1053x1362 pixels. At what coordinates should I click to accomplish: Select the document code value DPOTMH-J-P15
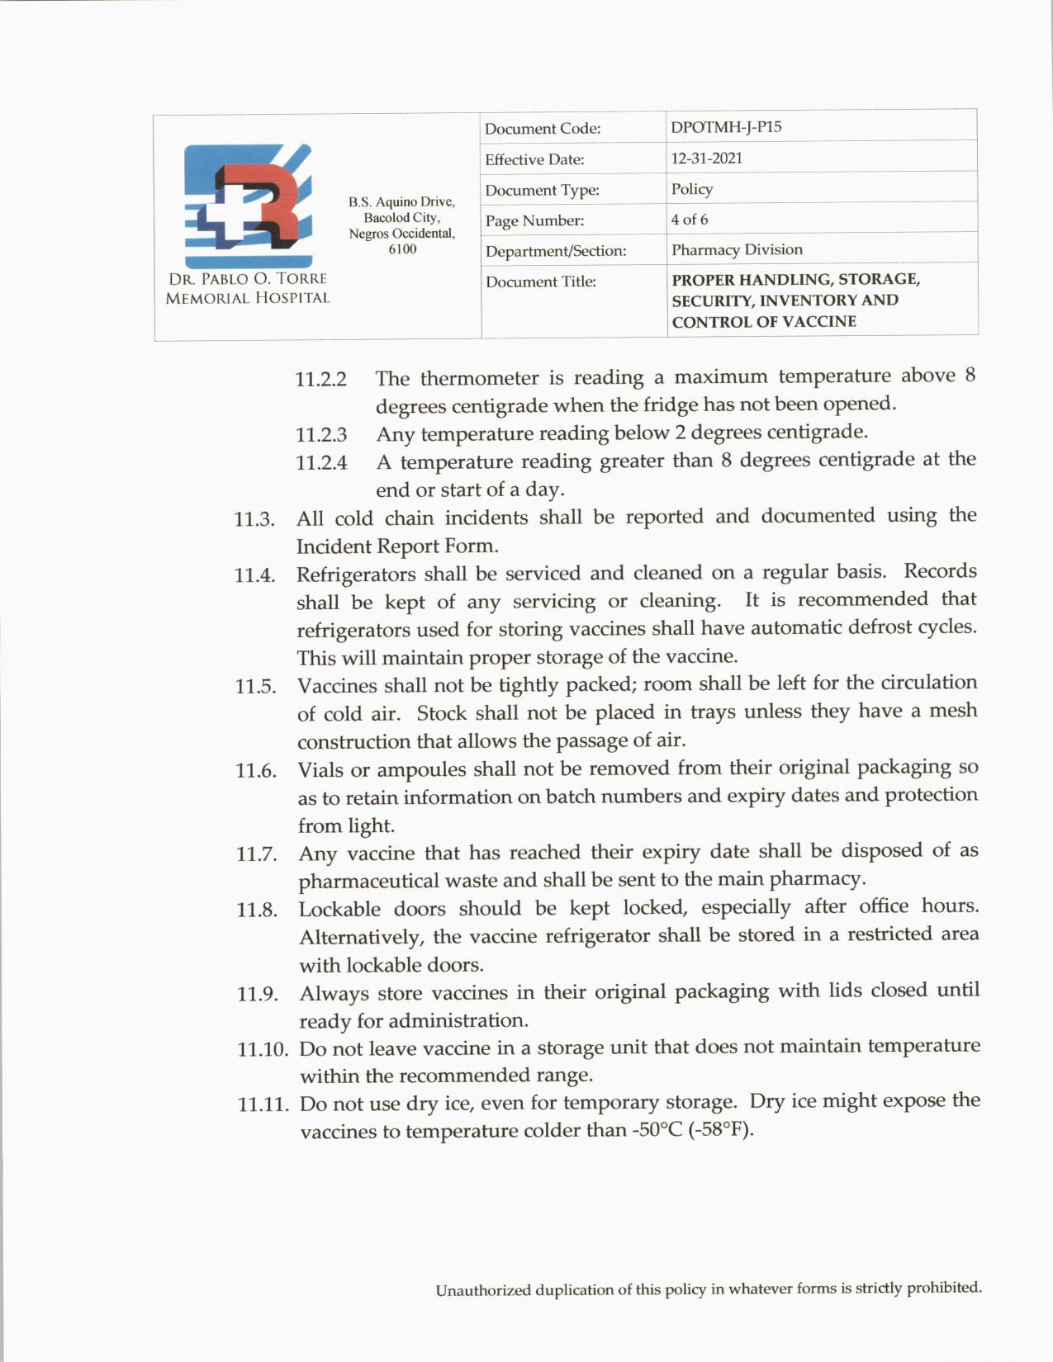(x=726, y=127)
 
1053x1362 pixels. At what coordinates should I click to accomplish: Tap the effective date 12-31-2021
(x=706, y=158)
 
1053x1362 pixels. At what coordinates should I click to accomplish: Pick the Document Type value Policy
(x=691, y=189)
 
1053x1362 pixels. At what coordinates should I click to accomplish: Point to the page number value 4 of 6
(x=689, y=220)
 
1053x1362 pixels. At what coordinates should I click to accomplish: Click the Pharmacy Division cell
(x=737, y=249)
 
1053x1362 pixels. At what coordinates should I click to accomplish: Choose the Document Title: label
(x=540, y=281)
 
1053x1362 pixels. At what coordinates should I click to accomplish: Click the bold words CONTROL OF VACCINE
(x=764, y=322)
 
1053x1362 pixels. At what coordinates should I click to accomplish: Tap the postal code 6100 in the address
(x=402, y=249)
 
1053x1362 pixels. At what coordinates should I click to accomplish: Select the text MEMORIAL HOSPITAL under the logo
(x=248, y=298)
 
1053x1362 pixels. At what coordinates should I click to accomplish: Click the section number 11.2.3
(x=321, y=434)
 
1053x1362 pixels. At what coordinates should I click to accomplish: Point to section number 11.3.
(x=254, y=519)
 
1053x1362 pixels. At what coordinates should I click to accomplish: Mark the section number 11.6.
(x=255, y=771)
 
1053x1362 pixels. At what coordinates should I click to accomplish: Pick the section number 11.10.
(x=262, y=1049)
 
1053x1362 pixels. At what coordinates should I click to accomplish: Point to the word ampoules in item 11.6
(x=420, y=770)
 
